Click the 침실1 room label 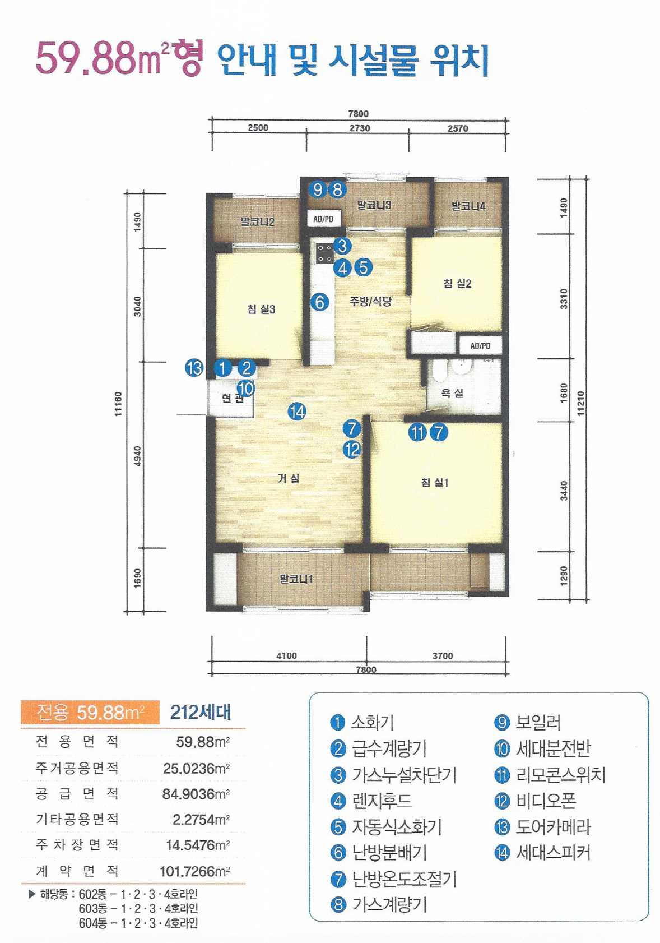(435, 482)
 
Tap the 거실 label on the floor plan (288, 478)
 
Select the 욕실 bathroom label (452, 393)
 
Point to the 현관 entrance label (232, 398)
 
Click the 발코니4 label (468, 206)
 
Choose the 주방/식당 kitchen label (370, 301)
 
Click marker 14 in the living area (297, 412)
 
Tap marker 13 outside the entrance (194, 368)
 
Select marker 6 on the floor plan (320, 302)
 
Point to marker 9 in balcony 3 (318, 189)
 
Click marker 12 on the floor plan (352, 450)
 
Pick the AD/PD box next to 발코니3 (323, 219)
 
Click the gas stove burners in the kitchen (325, 253)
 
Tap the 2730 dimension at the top (360, 128)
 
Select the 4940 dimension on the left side (138, 455)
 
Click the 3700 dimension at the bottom (443, 655)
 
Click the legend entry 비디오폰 (535, 800)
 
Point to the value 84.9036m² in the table (196, 794)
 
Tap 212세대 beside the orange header (201, 713)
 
